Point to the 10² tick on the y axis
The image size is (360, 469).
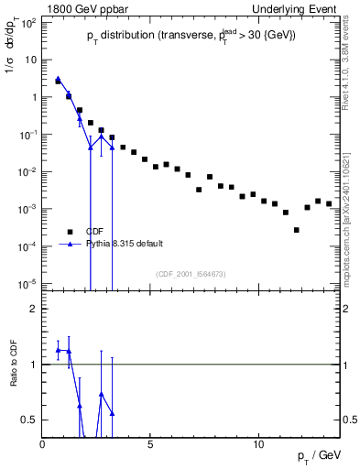30,22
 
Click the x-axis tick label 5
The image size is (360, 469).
150,444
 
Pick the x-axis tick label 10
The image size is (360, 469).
258,444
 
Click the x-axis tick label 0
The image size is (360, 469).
43,444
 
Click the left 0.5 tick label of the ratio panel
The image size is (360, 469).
30,420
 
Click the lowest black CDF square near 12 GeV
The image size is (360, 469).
297,230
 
